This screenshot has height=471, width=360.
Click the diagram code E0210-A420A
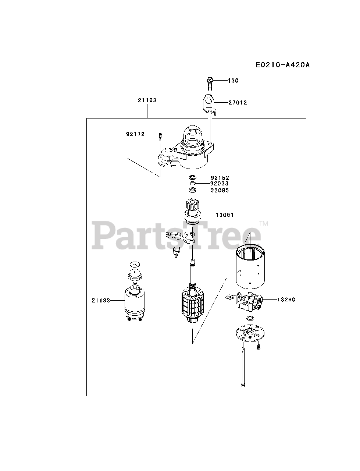283,65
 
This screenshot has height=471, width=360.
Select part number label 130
233,81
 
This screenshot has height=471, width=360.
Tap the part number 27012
238,103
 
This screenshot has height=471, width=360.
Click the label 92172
135,134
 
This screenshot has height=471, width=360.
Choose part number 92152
220,178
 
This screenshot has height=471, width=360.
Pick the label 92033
220,183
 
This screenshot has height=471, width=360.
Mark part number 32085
220,190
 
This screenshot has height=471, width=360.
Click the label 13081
225,215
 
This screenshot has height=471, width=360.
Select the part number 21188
101,300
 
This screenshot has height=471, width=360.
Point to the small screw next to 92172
161,137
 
